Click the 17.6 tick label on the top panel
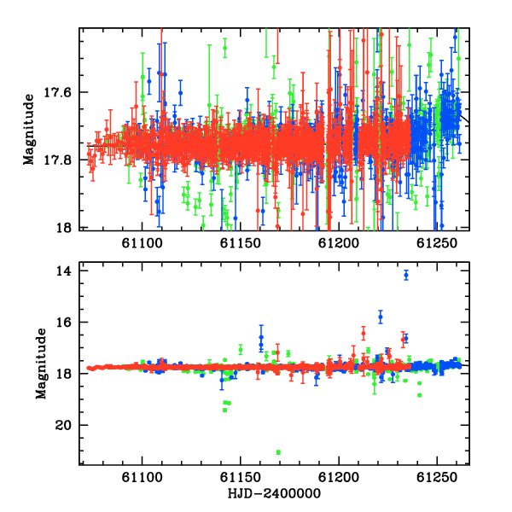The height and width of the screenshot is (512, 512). point(57,92)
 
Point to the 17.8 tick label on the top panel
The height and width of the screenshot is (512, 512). point(57,160)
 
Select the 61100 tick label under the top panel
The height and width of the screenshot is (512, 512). point(142,243)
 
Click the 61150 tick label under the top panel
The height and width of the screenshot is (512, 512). point(241,243)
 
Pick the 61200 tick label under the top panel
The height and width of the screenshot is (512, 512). point(339,243)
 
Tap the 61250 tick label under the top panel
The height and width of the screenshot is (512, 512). point(437,243)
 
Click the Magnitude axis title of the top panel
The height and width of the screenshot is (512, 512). point(29,130)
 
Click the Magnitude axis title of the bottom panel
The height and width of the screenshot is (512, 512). point(41,364)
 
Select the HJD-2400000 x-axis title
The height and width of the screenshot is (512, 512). point(274,493)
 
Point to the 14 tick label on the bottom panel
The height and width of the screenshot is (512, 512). point(63,271)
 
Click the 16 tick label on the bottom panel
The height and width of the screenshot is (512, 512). point(63,323)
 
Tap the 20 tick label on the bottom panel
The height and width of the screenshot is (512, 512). point(63,425)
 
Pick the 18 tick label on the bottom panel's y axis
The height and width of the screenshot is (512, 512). point(63,374)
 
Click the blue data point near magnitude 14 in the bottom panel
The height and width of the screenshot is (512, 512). point(406,276)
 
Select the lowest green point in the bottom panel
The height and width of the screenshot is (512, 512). point(278,452)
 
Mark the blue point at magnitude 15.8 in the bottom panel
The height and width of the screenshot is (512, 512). point(381,317)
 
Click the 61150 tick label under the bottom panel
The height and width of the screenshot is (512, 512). point(241,477)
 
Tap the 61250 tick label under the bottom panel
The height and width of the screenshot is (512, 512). point(437,477)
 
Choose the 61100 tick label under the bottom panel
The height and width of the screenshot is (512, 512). point(142,477)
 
